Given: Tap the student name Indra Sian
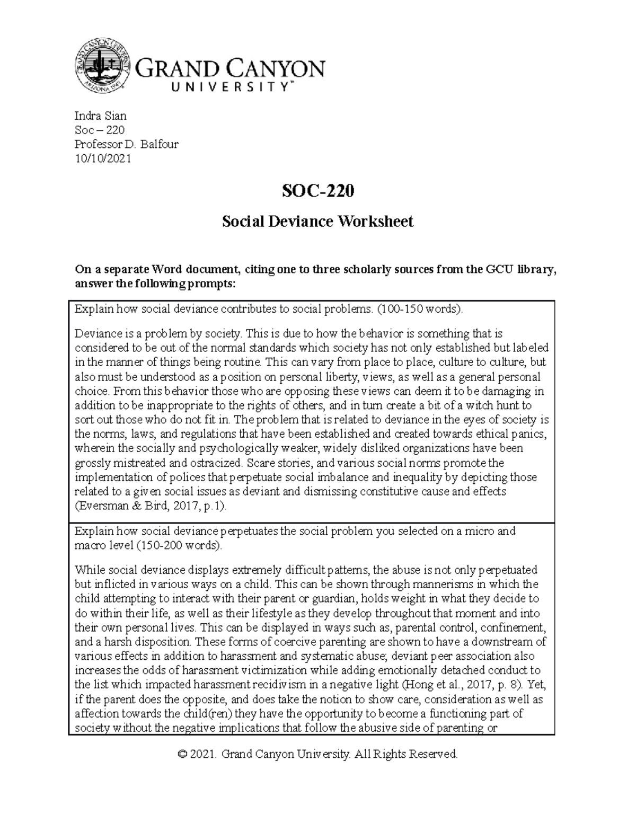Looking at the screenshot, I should (x=101, y=116).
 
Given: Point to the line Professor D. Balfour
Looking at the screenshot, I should (x=127, y=144).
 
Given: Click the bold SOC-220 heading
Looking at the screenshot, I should (x=317, y=191).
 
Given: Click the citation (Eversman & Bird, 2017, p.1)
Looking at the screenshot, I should (x=151, y=506).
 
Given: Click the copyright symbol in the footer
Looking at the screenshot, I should (x=183, y=754).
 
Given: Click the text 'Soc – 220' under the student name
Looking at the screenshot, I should (x=100, y=130).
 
